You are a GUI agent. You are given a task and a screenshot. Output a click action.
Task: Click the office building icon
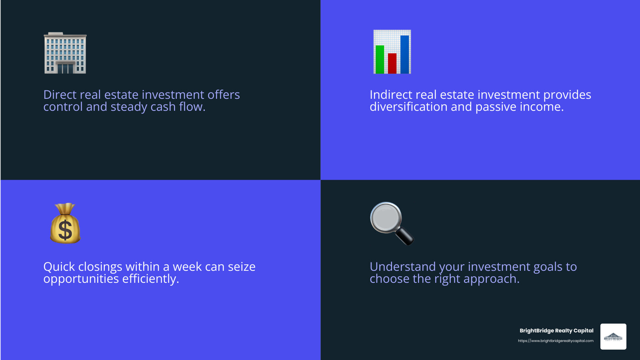click(x=65, y=53)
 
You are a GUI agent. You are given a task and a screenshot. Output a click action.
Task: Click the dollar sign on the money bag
click(x=65, y=230)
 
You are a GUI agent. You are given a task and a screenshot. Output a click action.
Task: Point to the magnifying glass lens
click(x=386, y=218)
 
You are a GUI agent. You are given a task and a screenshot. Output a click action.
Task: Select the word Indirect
click(x=391, y=95)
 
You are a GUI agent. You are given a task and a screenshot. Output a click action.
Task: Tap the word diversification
click(x=408, y=107)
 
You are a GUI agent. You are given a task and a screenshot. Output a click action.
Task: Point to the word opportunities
click(x=81, y=279)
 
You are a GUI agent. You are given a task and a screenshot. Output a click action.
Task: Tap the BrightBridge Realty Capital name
click(x=556, y=330)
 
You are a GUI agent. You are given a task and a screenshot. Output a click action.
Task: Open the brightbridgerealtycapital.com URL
click(x=556, y=341)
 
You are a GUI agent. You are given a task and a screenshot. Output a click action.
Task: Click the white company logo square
click(x=613, y=336)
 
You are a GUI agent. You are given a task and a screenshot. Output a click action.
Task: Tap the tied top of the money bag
click(x=65, y=208)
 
